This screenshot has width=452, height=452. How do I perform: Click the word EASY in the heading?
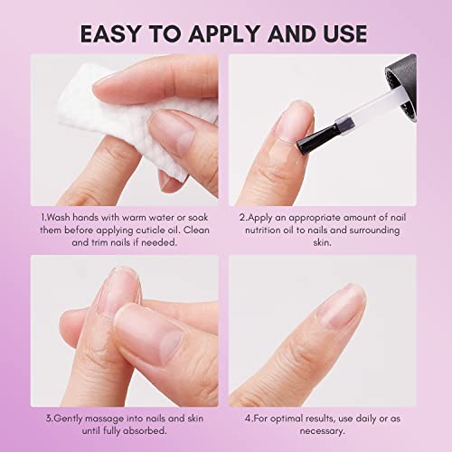point(110,33)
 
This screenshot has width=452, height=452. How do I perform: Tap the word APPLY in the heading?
point(224,33)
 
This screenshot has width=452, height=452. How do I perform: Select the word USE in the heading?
point(345,33)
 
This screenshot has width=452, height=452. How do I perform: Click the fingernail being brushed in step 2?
point(294,121)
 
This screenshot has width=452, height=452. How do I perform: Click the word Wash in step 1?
point(59,217)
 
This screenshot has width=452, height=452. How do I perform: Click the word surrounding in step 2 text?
point(374,230)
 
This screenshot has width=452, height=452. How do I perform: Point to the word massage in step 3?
point(104,419)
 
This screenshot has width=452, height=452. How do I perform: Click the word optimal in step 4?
point(287,419)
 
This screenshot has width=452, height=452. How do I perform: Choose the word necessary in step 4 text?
point(322,431)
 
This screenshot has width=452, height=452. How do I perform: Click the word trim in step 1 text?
point(99,242)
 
